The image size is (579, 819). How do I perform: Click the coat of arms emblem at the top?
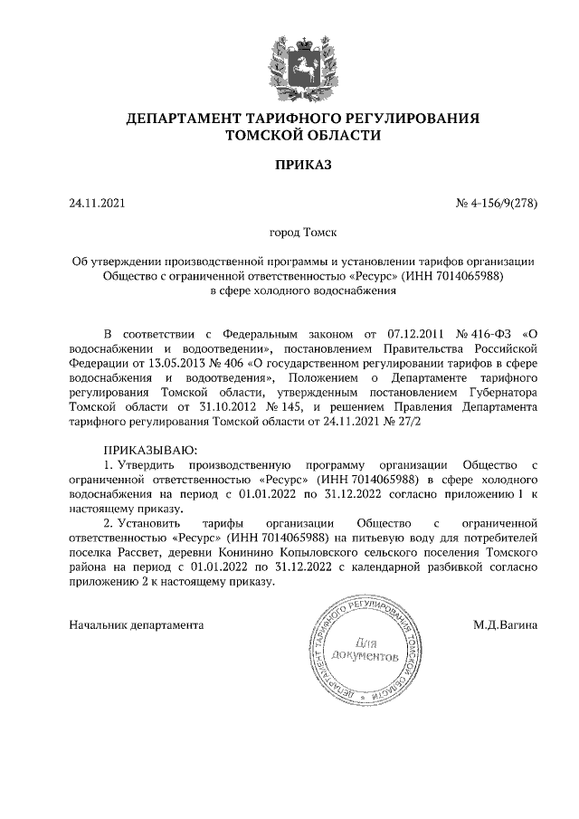pyautogui.click(x=289, y=63)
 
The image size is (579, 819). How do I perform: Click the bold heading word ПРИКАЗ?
pyautogui.click(x=289, y=166)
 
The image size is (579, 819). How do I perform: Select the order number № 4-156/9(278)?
pyautogui.click(x=497, y=203)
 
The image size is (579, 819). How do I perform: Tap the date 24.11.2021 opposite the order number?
pyautogui.click(x=95, y=203)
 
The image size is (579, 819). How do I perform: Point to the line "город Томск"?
pyautogui.click(x=289, y=233)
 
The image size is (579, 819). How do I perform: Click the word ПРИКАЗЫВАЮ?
pyautogui.click(x=150, y=450)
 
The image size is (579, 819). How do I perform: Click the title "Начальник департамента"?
pyautogui.click(x=137, y=624)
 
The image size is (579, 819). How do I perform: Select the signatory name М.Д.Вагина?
pyautogui.click(x=505, y=624)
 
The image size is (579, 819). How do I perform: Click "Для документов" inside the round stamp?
pyautogui.click(x=363, y=646)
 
